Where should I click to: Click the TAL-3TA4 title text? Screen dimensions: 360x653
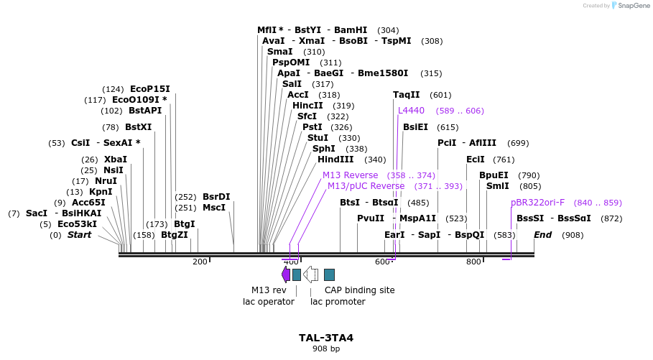pyautogui.click(x=326, y=338)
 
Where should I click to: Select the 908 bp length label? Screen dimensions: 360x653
pyautogui.click(x=326, y=349)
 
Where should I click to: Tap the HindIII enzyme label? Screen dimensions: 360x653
pyautogui.click(x=335, y=160)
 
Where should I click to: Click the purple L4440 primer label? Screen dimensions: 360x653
pyautogui.click(x=412, y=111)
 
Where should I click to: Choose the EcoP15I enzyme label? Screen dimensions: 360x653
pyautogui.click(x=150, y=89)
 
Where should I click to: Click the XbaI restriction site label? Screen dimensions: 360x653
pyautogui.click(x=115, y=160)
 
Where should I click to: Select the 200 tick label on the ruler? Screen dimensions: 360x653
pyautogui.click(x=200, y=262)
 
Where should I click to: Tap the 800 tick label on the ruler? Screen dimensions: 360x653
pyautogui.click(x=473, y=262)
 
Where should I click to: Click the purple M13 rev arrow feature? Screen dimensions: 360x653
pyautogui.click(x=286, y=274)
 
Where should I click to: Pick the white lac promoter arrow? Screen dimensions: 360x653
pyautogui.click(x=311, y=274)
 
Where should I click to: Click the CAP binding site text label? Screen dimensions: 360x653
pyautogui.click(x=360, y=290)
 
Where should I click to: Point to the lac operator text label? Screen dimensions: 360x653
pyautogui.click(x=269, y=302)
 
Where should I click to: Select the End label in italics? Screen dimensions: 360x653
pyautogui.click(x=542, y=235)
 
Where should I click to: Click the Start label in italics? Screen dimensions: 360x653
pyautogui.click(x=79, y=235)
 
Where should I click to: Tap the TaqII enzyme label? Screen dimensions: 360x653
pyautogui.click(x=407, y=95)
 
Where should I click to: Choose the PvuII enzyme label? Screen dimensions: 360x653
pyautogui.click(x=371, y=218)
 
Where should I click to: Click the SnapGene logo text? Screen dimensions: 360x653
pyautogui.click(x=629, y=5)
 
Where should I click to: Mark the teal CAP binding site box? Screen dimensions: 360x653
pyautogui.click(x=329, y=274)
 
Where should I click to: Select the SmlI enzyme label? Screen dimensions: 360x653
pyautogui.click(x=498, y=186)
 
